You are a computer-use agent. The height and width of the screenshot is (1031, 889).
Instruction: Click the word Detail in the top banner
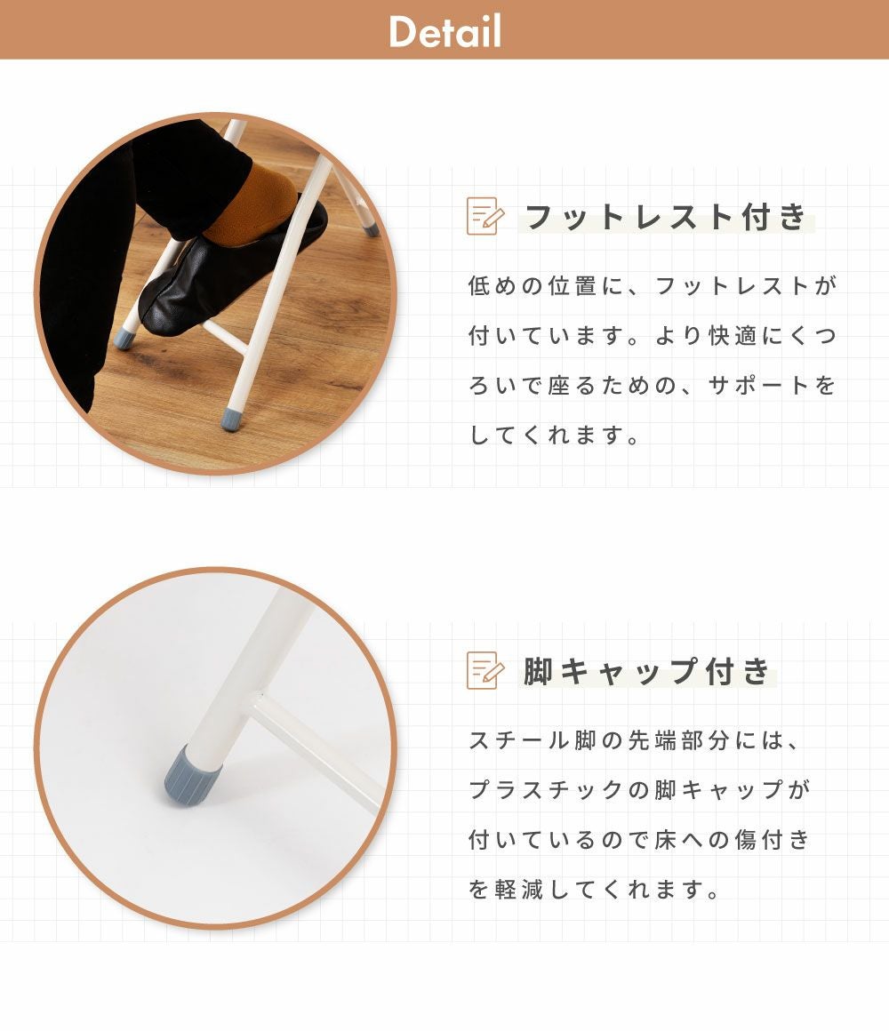click(x=444, y=31)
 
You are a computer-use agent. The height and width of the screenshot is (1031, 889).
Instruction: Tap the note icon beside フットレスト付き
click(x=485, y=216)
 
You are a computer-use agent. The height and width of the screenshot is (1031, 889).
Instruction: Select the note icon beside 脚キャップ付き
click(x=485, y=670)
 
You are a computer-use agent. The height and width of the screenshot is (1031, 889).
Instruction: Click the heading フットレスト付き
click(x=666, y=216)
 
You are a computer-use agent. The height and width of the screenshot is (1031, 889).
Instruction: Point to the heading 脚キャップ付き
click(x=647, y=671)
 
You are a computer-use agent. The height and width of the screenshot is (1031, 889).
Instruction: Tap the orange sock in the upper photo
click(x=255, y=203)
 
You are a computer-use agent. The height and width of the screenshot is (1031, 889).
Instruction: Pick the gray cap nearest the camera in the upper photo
click(x=231, y=419)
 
